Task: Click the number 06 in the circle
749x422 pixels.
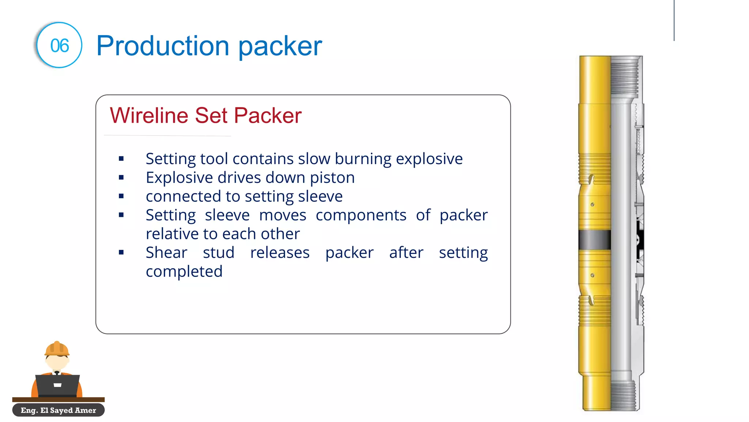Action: (59, 46)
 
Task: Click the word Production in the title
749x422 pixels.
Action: (162, 46)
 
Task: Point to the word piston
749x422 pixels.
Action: (332, 178)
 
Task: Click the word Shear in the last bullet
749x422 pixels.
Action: (166, 253)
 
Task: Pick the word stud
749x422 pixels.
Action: (218, 253)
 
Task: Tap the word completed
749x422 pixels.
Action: (184, 271)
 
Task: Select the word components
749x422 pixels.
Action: (361, 215)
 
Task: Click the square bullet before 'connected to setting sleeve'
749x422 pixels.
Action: (121, 196)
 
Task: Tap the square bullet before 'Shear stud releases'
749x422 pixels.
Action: (121, 252)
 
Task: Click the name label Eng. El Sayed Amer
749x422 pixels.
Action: (59, 410)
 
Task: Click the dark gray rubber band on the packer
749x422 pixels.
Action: (595, 240)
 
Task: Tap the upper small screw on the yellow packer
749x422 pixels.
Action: (592, 204)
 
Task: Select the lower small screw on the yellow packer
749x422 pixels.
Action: (592, 275)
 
